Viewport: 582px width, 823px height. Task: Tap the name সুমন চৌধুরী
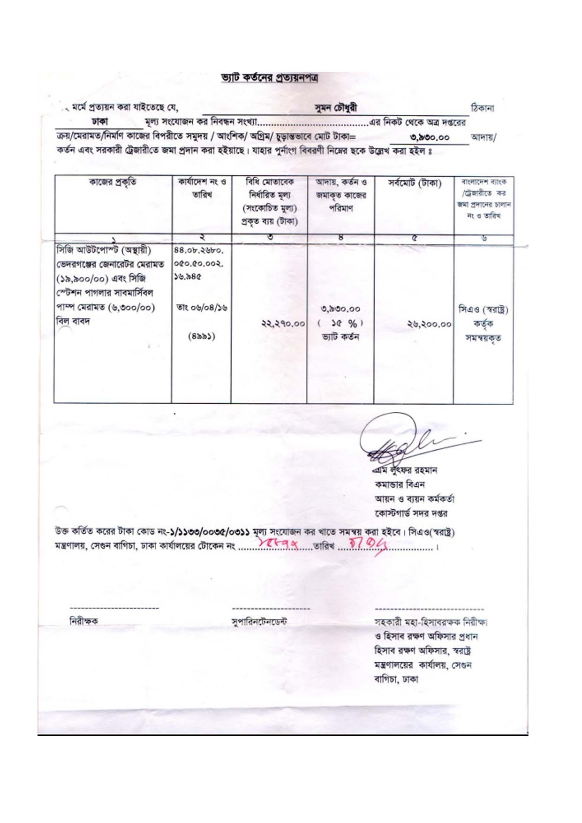(336, 108)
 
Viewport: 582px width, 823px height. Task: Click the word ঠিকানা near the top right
(482, 108)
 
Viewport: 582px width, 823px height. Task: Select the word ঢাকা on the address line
(100, 122)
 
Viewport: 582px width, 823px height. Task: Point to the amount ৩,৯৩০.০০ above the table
(429, 137)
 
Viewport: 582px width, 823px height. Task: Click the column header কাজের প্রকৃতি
(113, 182)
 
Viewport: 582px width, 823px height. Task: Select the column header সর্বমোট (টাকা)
(414, 183)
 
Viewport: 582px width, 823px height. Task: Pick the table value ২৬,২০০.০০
(429, 324)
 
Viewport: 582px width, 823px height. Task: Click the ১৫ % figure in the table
(341, 323)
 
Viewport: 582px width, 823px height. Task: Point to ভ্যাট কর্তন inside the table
(340, 337)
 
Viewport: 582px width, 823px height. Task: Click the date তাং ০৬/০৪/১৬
(201, 308)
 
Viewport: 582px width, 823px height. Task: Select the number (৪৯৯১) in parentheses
(202, 336)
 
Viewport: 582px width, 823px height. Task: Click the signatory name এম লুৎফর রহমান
(406, 470)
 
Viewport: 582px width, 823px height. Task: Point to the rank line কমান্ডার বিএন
(400, 484)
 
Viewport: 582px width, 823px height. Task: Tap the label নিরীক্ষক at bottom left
(84, 621)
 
